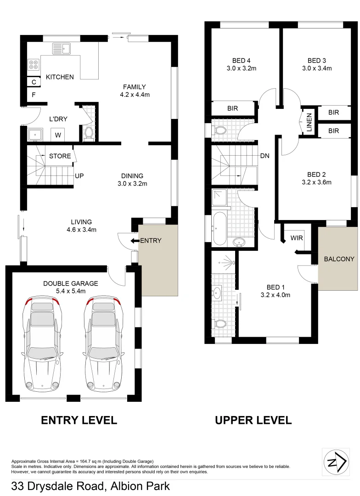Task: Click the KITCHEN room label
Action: point(60,77)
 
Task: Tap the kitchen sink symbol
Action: point(61,48)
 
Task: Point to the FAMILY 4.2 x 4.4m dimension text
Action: point(134,95)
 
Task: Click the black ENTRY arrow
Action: point(135,241)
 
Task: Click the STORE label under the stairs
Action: point(60,156)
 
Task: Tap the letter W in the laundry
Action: point(58,135)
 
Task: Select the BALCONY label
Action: point(339,259)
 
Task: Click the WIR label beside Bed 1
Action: point(296,238)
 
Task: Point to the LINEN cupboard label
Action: point(309,122)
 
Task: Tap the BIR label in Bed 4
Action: point(233,108)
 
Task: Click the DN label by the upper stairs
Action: point(264,156)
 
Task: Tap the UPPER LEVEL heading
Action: point(253,420)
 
